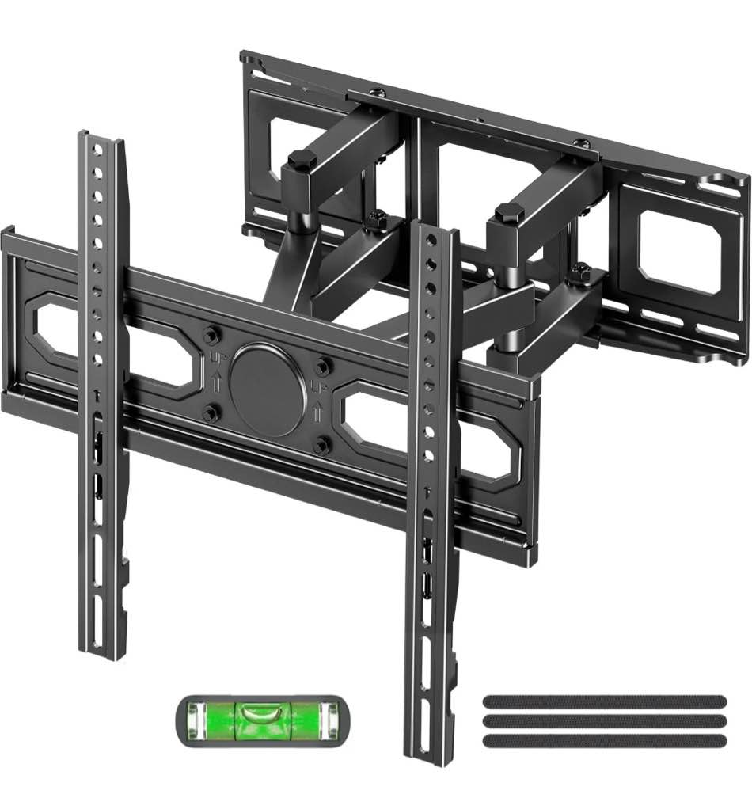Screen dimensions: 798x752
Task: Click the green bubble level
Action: pos(260,720)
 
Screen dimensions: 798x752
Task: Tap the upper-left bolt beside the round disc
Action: pos(211,336)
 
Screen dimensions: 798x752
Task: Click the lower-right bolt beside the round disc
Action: pos(320,446)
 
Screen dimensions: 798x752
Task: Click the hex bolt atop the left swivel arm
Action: pos(302,161)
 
